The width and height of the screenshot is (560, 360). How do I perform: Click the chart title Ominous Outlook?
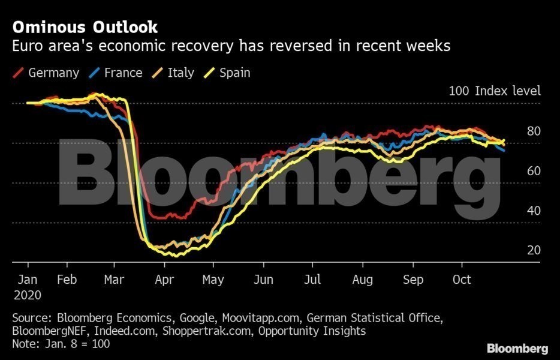click(85, 27)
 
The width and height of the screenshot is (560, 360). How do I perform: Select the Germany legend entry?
click(53, 73)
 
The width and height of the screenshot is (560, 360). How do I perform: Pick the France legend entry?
click(123, 73)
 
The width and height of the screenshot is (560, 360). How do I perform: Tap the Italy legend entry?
click(180, 73)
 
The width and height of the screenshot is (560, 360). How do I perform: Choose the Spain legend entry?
click(234, 73)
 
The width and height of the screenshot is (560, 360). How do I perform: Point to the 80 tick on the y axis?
click(534, 131)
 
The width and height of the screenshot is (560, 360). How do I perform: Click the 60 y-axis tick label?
click(534, 171)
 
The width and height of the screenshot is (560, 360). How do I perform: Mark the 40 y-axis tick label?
click(534, 211)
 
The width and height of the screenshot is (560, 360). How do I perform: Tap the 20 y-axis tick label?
click(534, 250)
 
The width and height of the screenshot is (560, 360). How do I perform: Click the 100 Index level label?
click(495, 91)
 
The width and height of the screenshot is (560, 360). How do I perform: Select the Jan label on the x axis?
click(28, 280)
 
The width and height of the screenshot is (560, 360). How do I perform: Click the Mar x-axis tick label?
click(114, 280)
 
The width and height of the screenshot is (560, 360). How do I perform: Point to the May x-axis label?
click(213, 280)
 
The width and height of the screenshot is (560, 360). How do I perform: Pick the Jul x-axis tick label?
click(312, 280)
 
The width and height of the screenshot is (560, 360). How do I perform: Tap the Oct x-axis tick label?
click(462, 280)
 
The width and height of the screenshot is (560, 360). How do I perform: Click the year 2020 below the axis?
click(28, 295)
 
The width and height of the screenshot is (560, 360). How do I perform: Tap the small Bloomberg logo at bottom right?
click(517, 348)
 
